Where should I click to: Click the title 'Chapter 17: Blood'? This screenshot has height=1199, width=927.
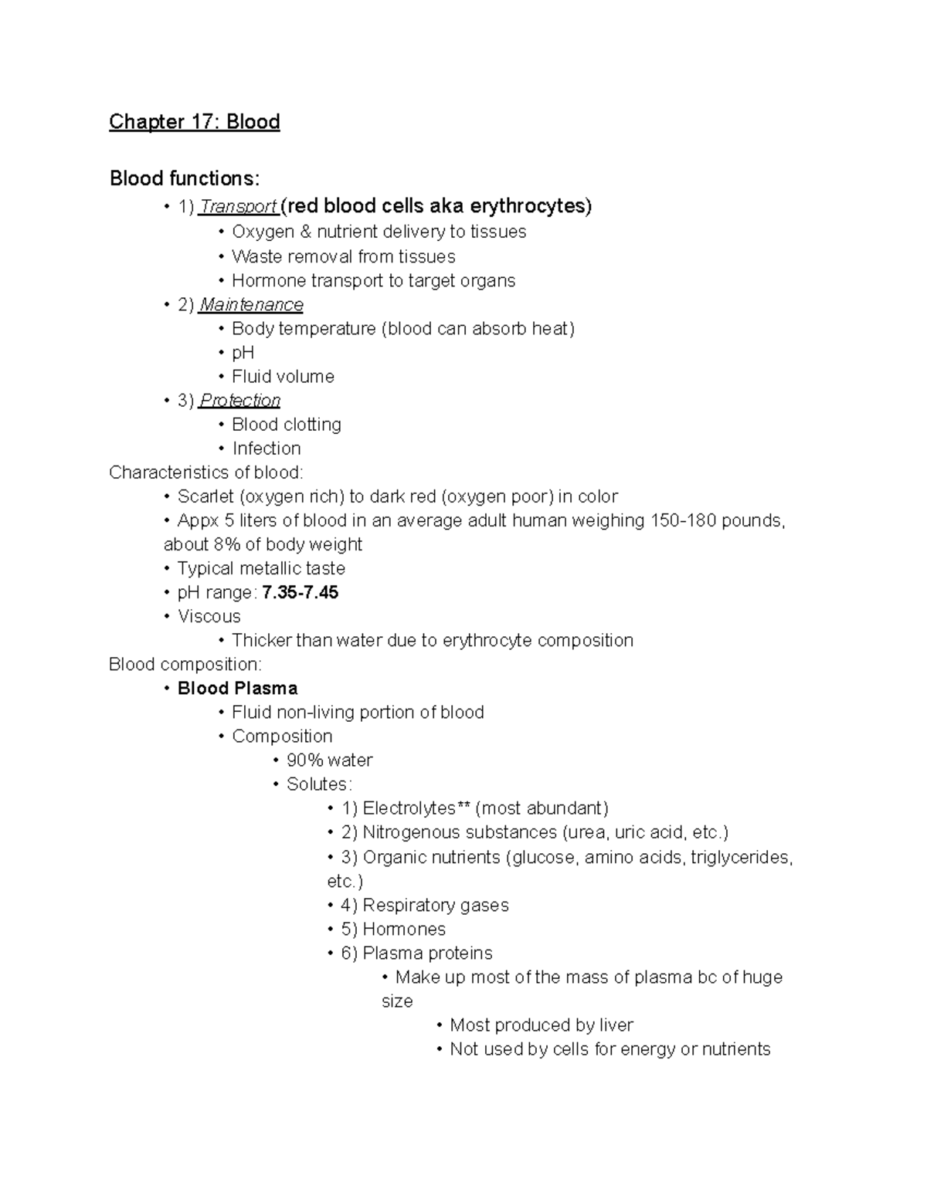pos(194,122)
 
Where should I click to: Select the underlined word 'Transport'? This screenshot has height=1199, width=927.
pos(238,207)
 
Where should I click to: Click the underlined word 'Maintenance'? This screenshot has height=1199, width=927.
pos(251,305)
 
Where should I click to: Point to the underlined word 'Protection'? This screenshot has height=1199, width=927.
pos(239,401)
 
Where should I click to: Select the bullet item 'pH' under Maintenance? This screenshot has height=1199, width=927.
pos(243,353)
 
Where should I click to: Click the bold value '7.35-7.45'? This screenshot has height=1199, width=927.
pos(301,593)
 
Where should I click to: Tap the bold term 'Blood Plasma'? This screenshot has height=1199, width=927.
pos(237,689)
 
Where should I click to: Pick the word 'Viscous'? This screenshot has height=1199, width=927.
pos(209,617)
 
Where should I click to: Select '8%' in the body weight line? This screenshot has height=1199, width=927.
pos(227,545)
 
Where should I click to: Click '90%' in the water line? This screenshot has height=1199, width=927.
pos(304,760)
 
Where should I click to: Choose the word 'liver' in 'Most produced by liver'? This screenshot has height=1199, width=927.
pos(616,1025)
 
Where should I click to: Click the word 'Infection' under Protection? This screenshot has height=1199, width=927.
pos(266,449)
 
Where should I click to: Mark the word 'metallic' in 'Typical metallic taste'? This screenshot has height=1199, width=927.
pos(260,569)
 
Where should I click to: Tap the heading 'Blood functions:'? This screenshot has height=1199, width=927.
pos(185,179)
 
